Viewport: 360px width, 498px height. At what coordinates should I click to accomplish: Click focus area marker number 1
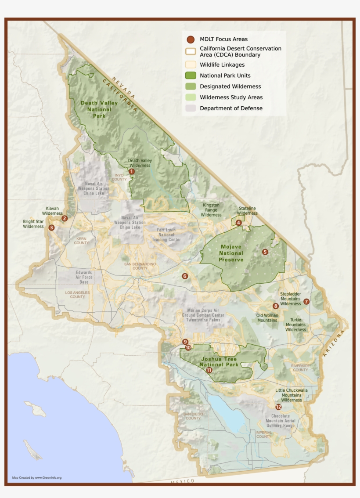click(132, 172)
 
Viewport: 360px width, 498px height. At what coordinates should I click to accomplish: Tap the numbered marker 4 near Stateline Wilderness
click(238, 223)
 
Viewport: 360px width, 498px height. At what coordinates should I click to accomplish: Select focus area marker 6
click(185, 276)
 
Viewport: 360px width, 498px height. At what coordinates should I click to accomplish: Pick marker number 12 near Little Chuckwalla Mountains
click(278, 407)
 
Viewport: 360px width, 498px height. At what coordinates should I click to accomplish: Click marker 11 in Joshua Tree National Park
click(209, 370)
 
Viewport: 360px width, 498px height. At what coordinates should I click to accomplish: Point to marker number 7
click(306, 302)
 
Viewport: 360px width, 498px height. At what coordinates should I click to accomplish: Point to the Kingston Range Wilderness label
click(211, 210)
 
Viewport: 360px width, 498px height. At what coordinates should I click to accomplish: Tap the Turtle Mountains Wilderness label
click(295, 325)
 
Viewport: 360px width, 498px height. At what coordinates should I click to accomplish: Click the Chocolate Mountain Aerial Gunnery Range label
click(280, 421)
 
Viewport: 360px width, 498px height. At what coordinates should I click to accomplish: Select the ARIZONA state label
click(332, 343)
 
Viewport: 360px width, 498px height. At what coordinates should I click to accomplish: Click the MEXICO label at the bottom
click(183, 482)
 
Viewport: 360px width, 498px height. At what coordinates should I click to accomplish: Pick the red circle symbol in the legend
click(191, 39)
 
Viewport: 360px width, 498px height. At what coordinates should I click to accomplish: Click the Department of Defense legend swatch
click(191, 108)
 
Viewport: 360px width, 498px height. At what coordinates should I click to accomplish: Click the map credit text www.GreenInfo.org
click(37, 477)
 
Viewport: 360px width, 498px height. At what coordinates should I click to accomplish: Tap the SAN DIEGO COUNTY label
click(193, 416)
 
